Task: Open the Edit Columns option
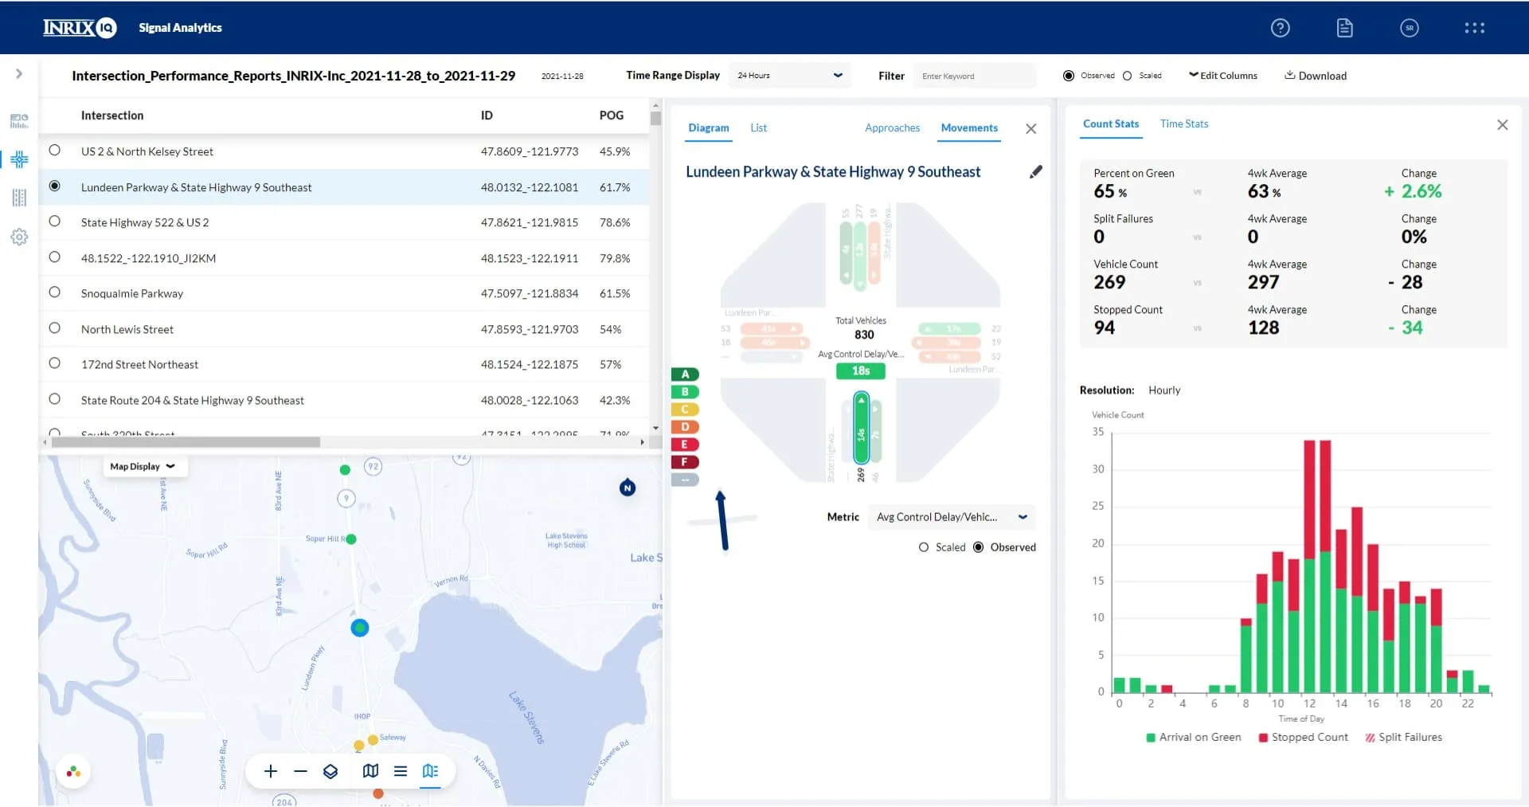tap(1223, 76)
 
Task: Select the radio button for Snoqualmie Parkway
tap(54, 292)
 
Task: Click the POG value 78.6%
tap(614, 222)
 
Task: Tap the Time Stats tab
tap(1183, 123)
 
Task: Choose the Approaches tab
tap(892, 127)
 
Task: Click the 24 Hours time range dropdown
tap(789, 76)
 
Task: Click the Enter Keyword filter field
tap(973, 76)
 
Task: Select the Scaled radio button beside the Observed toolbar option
tap(1128, 76)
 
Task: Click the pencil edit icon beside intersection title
tap(1035, 172)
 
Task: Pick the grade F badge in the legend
tap(684, 462)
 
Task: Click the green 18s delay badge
tap(860, 370)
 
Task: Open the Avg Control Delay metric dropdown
tap(951, 517)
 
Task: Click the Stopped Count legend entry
tap(1303, 737)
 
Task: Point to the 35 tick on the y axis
tap(1098, 432)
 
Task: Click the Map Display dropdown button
tap(144, 467)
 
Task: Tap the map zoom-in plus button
tap(271, 771)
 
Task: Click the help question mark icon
tap(1280, 28)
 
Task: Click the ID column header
tap(487, 116)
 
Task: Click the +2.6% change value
tap(1413, 191)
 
